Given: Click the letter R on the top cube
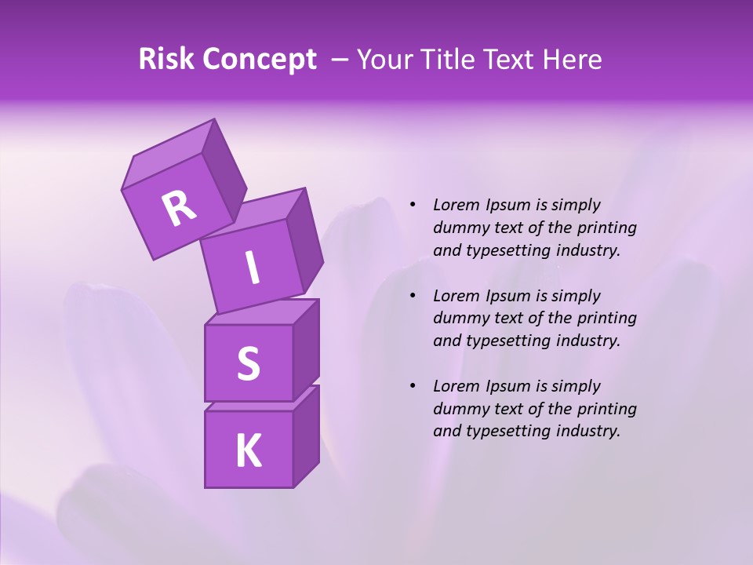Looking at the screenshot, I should [x=179, y=209].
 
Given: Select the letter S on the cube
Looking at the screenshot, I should [x=248, y=363].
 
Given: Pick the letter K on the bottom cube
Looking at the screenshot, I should [x=248, y=451].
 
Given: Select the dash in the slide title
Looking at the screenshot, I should [x=340, y=60].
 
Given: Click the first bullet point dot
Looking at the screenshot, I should [x=413, y=205].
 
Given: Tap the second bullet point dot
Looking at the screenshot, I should [x=413, y=296].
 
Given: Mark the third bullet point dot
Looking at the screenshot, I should [x=413, y=386].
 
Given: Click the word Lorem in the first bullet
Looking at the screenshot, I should [x=456, y=205].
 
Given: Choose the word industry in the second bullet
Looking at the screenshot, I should [x=584, y=341].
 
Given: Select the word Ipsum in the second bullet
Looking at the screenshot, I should [x=508, y=296].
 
